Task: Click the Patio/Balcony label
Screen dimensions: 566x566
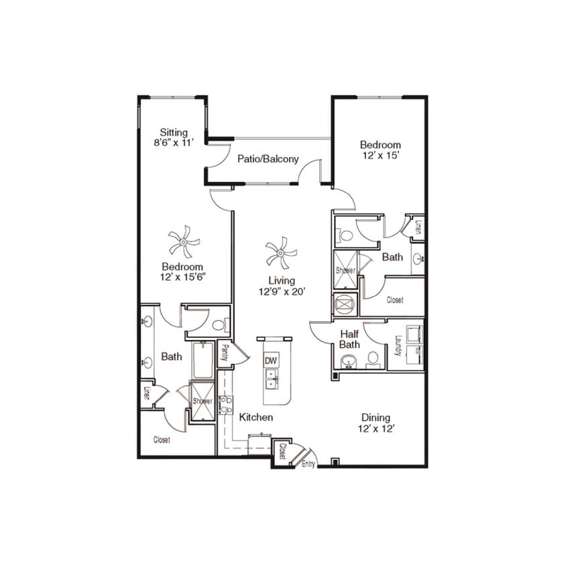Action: [x=268, y=159]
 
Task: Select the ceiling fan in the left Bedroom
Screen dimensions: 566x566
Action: [x=183, y=241]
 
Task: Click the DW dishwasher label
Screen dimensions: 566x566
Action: [x=271, y=361]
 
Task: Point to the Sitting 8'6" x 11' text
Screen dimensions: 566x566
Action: [x=174, y=137]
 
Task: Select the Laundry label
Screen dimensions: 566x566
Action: [x=398, y=344]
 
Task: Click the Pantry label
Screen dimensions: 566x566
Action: [x=225, y=352]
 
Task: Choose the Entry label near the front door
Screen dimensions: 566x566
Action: [x=308, y=463]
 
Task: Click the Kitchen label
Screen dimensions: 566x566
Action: [x=256, y=417]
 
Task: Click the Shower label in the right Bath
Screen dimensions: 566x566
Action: [x=345, y=270]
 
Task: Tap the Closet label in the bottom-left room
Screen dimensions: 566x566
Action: [x=162, y=440]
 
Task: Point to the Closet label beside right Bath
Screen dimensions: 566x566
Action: [x=395, y=300]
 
